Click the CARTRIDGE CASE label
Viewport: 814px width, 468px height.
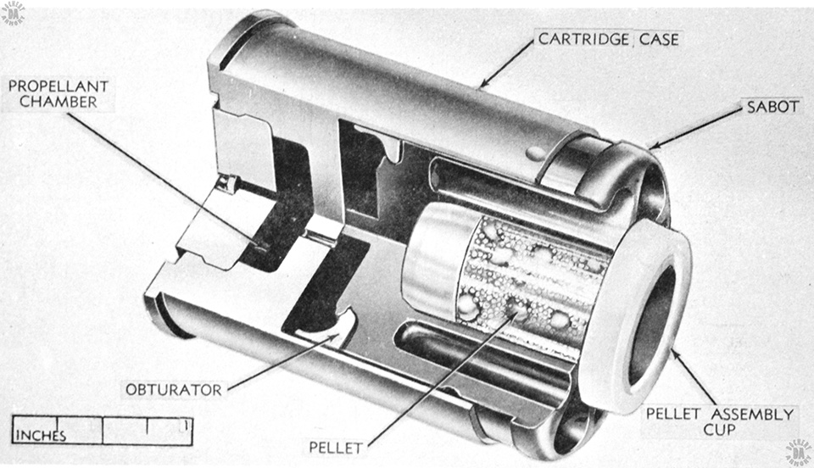[608, 39]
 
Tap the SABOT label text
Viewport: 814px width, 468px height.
[772, 107]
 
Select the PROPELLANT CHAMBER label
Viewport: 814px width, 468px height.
[59, 94]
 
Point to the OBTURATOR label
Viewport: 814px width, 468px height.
[173, 390]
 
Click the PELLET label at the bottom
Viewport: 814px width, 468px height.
[336, 448]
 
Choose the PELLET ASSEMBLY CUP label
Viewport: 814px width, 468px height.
[720, 422]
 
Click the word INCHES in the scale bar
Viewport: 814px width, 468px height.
[41, 436]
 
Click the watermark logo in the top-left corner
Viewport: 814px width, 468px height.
[14, 14]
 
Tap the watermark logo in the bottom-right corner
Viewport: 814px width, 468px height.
[800, 453]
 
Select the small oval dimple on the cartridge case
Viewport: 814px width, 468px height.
[535, 153]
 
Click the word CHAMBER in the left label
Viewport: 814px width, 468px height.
[59, 102]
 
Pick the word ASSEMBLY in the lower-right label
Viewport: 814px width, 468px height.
[752, 415]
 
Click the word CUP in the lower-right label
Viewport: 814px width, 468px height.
[720, 430]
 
